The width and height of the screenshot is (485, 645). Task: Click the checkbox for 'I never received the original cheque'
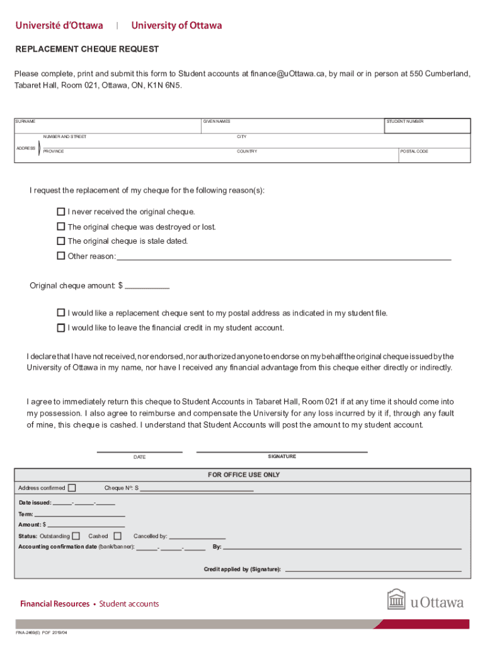(61, 212)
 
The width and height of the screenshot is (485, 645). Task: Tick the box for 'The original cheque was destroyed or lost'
(61, 226)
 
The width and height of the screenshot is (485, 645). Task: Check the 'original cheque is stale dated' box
(61, 241)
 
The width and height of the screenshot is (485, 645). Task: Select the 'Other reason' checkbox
(61, 256)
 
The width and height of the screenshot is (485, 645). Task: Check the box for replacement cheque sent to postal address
(61, 312)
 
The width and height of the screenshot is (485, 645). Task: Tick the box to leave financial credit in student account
(61, 328)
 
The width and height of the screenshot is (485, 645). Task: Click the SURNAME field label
(26, 122)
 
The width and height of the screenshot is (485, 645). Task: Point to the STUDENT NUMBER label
(404, 122)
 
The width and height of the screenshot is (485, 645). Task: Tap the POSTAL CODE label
(414, 152)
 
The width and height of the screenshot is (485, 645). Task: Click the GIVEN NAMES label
(216, 122)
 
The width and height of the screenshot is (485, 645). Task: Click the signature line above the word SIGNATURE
(282, 450)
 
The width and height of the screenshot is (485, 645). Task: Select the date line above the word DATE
(139, 450)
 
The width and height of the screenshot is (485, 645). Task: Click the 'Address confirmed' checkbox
(72, 488)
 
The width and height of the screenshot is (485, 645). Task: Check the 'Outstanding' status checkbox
(76, 536)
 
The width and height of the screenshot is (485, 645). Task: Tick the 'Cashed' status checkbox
(117, 536)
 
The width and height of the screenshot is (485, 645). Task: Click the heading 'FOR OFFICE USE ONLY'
(244, 475)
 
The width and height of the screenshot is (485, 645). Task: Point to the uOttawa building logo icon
(396, 600)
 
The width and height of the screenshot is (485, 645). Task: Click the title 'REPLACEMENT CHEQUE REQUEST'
(87, 49)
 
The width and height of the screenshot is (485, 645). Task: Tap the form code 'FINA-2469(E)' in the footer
(28, 632)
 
